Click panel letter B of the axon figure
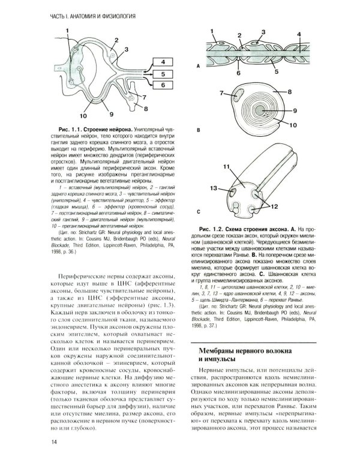coord(199,129)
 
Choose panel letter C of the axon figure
coord(199,212)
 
